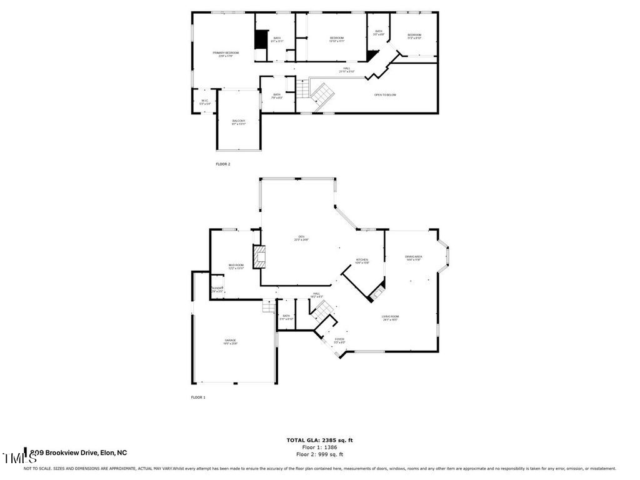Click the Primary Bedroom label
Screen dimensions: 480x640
pos(226,54)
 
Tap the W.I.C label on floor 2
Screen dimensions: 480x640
pos(204,101)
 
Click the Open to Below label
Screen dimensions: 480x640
pos(385,95)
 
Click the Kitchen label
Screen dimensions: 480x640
pos(362,261)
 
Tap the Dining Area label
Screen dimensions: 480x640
pos(413,257)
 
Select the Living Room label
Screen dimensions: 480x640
pos(391,317)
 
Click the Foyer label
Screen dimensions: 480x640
pos(339,340)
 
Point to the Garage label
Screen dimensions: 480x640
pos(231,341)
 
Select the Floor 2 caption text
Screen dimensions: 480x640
pos(223,164)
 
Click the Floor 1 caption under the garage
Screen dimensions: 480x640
pos(198,397)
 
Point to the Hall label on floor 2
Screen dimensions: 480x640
pos(346,69)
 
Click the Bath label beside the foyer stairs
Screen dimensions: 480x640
pos(286,317)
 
